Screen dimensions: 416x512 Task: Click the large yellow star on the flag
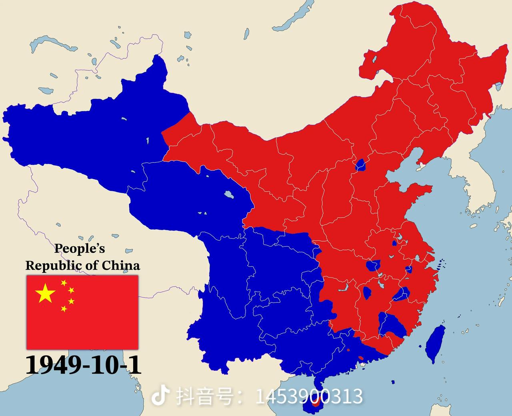click(45, 294)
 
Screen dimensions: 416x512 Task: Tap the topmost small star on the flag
click(64, 283)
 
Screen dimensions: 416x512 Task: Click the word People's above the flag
click(80, 248)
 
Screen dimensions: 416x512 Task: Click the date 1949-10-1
click(84, 365)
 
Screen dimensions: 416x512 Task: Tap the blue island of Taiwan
click(435, 343)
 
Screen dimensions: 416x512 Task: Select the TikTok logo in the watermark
click(160, 396)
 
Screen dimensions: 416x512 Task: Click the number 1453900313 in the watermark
click(309, 396)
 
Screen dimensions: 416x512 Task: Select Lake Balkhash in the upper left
click(54, 43)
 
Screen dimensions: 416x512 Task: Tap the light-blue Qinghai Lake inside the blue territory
click(229, 195)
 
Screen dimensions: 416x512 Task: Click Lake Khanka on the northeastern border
click(499, 86)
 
